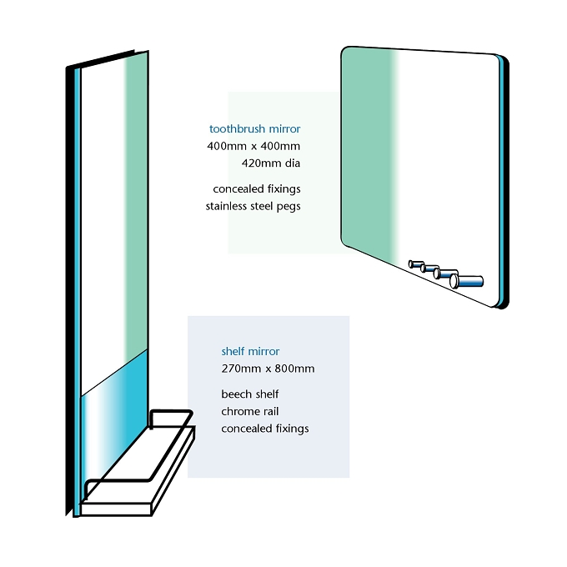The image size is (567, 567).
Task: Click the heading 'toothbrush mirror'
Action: (254, 128)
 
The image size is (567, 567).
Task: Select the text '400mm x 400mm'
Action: (253, 146)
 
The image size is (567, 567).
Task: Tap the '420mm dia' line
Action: (271, 163)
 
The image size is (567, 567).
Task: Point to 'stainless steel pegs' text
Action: (253, 207)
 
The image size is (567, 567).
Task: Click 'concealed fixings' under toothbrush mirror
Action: (257, 189)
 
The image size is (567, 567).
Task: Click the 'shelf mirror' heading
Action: (250, 351)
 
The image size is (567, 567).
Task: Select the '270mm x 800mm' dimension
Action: (268, 369)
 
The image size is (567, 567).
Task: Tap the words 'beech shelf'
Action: (250, 394)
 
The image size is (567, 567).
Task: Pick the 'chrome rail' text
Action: (250, 411)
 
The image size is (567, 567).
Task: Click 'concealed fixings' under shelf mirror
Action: (265, 429)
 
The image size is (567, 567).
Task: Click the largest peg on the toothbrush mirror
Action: (466, 281)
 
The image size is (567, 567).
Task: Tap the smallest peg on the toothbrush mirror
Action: (416, 264)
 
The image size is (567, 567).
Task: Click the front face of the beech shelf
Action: (115, 509)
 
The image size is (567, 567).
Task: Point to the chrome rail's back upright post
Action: (151, 419)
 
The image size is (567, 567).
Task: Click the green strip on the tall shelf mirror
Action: (136, 203)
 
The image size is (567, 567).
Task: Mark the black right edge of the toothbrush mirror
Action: (505, 181)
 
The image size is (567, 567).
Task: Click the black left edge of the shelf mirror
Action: (69, 289)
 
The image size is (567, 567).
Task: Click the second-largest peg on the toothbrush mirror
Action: (445, 273)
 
